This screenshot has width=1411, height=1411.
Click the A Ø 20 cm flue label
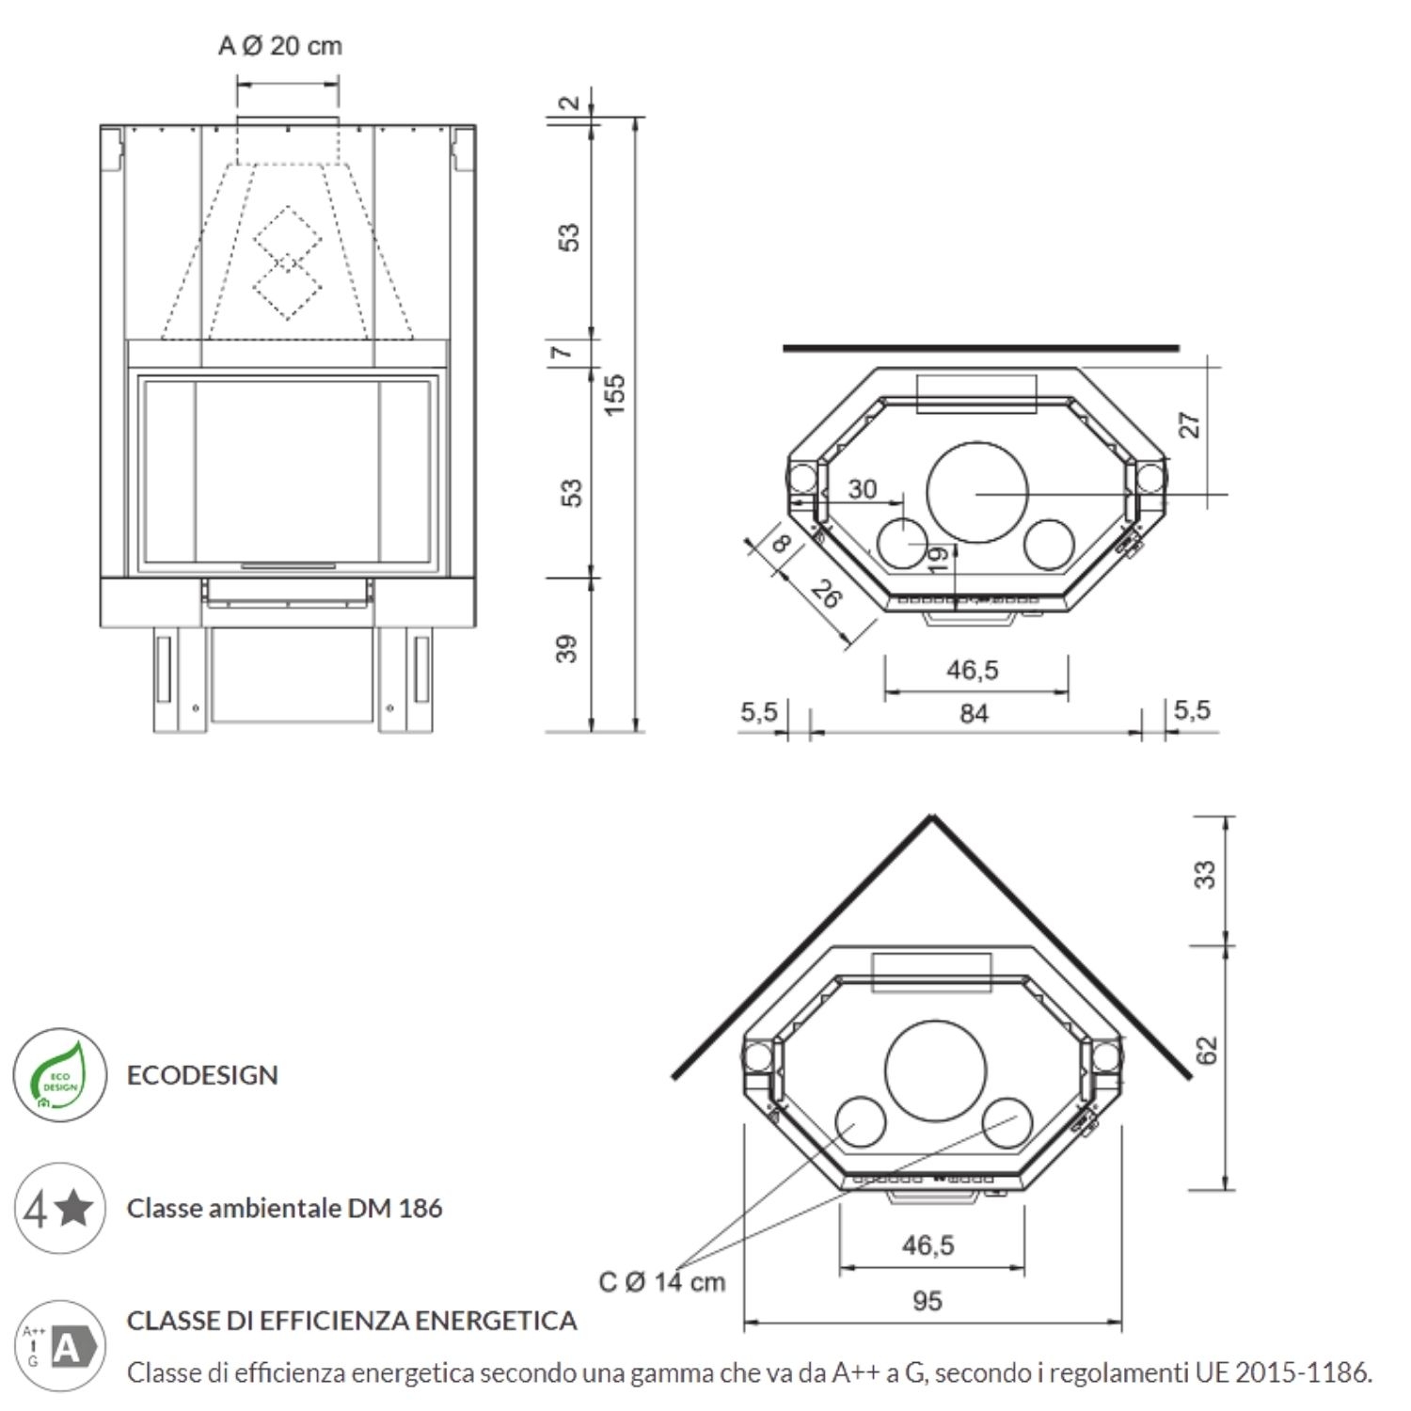(x=280, y=46)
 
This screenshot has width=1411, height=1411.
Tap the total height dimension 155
(x=613, y=395)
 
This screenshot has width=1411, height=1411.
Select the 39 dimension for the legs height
(x=566, y=649)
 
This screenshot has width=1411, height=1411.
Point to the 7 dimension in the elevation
(x=562, y=352)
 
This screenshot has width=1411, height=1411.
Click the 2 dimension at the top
(x=570, y=102)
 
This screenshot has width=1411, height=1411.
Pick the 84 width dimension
(x=974, y=714)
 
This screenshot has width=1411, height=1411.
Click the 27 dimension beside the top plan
(x=1190, y=425)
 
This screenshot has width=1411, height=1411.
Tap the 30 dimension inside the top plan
(x=862, y=489)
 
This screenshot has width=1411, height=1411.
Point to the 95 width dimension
(x=927, y=1301)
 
